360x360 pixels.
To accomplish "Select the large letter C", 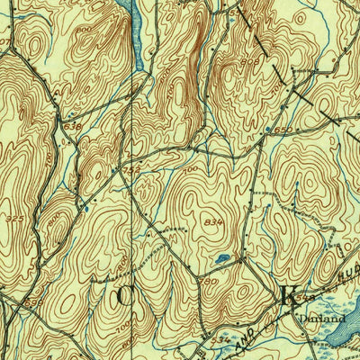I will [125, 294].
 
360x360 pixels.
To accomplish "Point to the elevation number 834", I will [213, 222].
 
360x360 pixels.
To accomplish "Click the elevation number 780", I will [209, 281].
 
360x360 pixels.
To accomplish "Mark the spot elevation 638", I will [72, 126].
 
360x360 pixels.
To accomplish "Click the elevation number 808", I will [250, 62].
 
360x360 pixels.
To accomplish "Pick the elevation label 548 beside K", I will [309, 296].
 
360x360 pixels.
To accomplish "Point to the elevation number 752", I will [131, 168].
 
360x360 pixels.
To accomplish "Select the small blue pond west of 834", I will [221, 259].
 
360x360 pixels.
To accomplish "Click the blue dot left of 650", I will [269, 131].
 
